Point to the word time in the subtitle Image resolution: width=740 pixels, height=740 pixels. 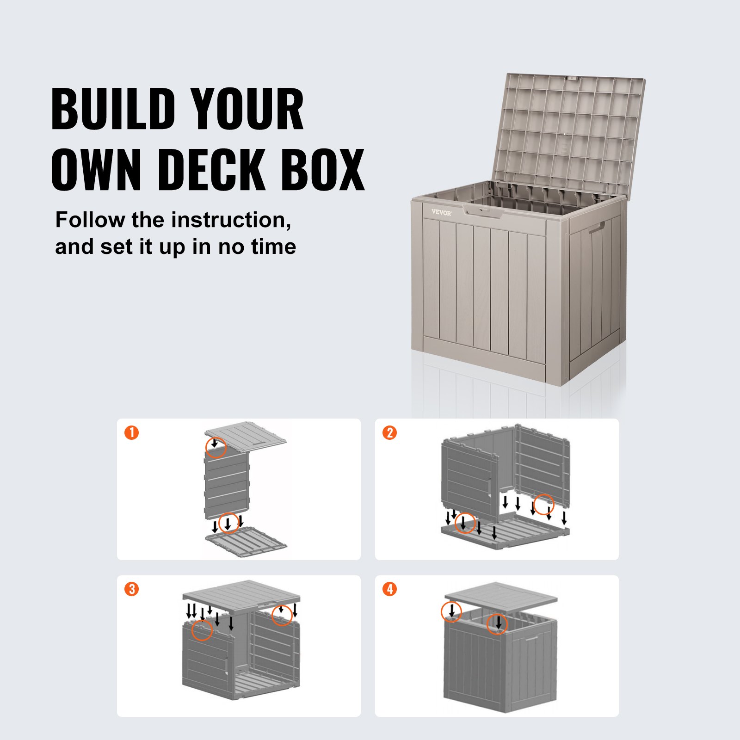click(x=273, y=247)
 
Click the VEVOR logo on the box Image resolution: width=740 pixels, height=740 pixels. click(x=441, y=212)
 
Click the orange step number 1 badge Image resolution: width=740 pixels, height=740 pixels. click(x=132, y=433)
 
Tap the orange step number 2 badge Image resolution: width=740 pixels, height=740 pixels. click(x=390, y=433)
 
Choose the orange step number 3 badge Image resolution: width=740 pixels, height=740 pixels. click(x=132, y=589)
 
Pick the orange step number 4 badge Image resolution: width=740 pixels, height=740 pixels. click(x=390, y=589)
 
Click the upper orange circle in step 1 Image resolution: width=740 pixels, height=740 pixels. click(x=216, y=447)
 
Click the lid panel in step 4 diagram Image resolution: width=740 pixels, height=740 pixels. click(x=500, y=597)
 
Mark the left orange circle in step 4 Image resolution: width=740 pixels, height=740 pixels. click(x=451, y=611)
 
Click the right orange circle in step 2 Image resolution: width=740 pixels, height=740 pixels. click(x=544, y=504)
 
